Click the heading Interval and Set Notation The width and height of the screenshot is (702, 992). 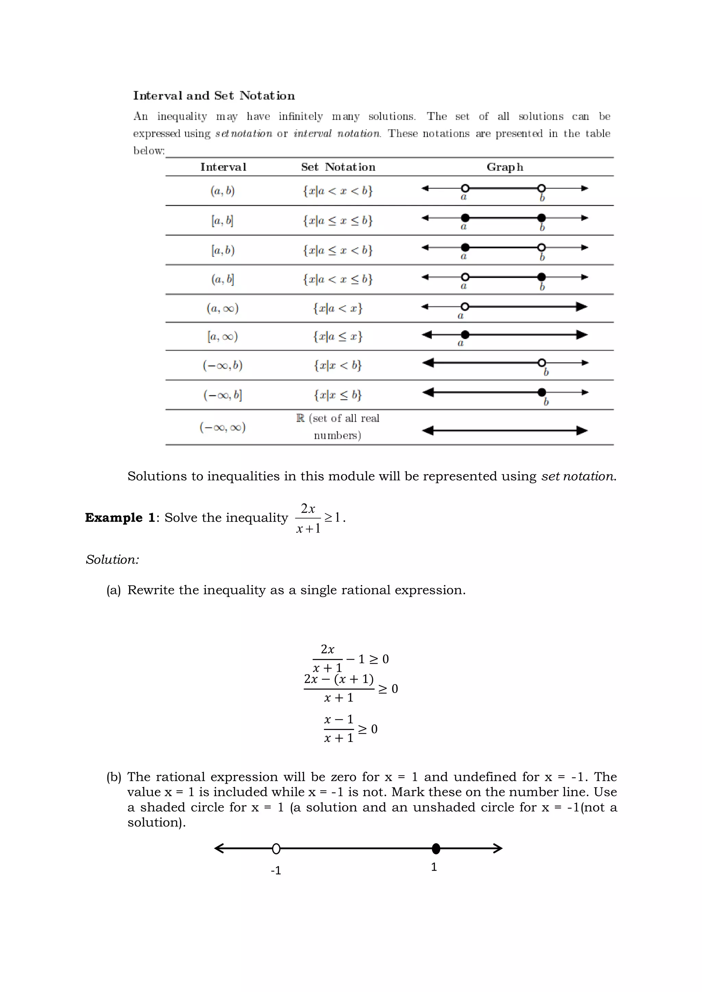(214, 96)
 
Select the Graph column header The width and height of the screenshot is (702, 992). (505, 167)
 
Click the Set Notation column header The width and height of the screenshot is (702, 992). (338, 167)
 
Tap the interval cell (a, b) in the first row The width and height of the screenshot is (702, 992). (222, 190)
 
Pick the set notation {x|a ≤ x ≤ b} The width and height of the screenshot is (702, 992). (338, 220)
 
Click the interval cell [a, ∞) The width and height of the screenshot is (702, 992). (222, 336)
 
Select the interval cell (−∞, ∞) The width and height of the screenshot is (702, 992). (222, 427)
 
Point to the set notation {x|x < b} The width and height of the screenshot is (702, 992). (338, 365)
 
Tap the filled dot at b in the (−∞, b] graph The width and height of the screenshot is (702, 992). (542, 392)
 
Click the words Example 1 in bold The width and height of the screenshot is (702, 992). (120, 518)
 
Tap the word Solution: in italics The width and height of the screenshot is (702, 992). (112, 559)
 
